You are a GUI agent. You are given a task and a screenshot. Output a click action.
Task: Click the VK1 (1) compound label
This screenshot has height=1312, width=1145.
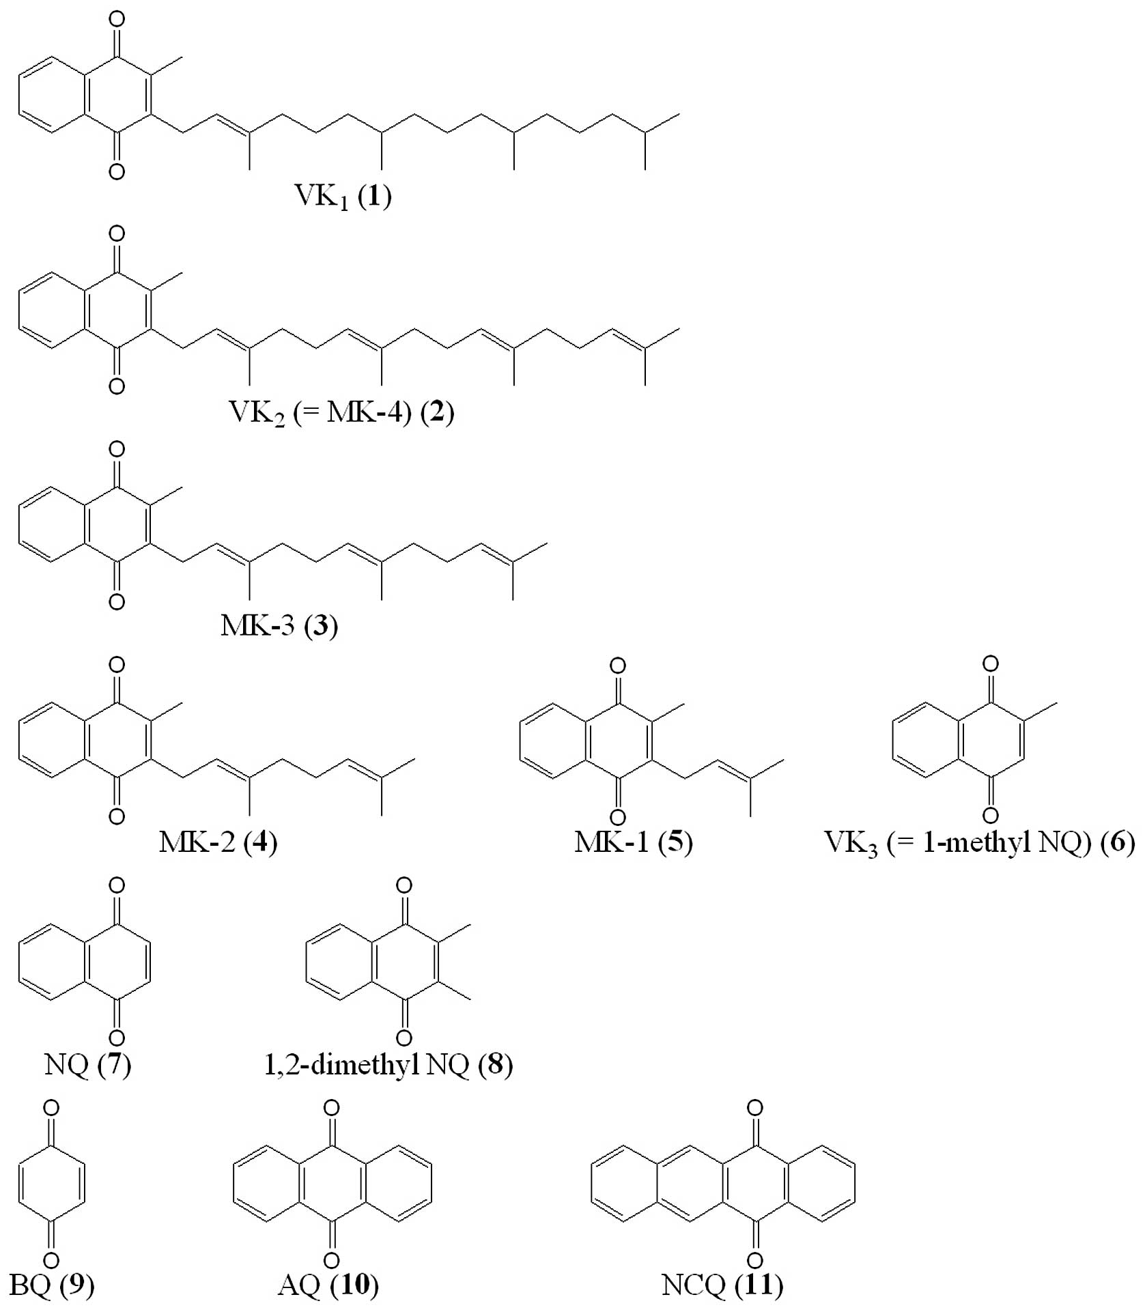click(x=343, y=197)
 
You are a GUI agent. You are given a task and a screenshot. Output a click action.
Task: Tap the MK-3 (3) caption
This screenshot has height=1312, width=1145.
click(x=279, y=626)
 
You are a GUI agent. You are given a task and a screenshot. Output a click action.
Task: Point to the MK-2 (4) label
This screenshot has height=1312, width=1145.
click(x=218, y=842)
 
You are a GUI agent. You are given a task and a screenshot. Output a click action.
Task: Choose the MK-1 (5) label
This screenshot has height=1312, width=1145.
click(x=634, y=842)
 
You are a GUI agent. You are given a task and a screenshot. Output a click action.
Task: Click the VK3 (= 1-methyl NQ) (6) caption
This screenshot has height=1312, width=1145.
click(x=980, y=842)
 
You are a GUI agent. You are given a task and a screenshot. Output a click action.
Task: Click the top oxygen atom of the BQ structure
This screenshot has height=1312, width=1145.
click(x=51, y=1109)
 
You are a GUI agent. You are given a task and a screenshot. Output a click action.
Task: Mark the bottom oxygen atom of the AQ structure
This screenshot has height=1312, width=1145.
click(x=332, y=1260)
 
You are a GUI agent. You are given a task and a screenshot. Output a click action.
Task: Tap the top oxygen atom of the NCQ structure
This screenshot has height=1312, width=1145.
click(x=754, y=1108)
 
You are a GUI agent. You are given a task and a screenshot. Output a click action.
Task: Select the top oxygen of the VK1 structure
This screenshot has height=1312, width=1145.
click(x=117, y=19)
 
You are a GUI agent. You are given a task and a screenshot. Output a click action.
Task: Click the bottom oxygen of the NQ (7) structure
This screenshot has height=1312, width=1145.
click(x=117, y=1038)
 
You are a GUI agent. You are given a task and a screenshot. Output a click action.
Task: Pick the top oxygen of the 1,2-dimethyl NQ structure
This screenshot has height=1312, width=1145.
click(x=404, y=886)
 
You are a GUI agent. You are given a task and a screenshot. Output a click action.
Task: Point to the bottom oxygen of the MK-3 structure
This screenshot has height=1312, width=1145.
click(x=117, y=601)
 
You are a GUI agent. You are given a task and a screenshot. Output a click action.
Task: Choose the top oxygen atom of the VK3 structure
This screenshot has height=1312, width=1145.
click(x=990, y=664)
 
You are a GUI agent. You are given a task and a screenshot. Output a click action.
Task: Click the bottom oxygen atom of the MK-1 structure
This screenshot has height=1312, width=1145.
click(x=617, y=817)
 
